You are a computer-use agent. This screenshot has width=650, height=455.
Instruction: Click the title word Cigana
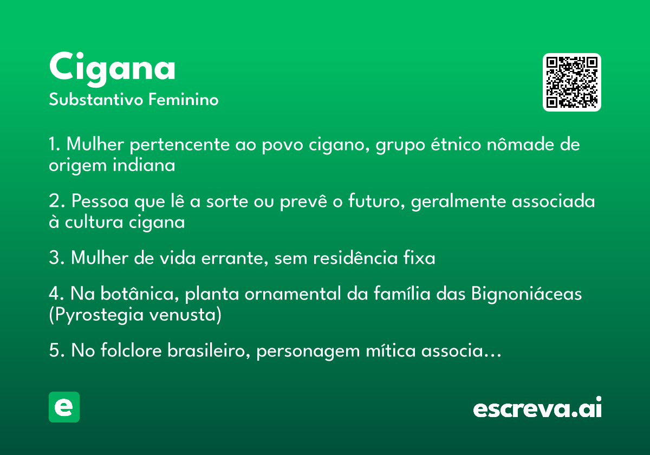(112, 69)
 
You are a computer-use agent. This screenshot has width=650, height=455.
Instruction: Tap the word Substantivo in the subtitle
(96, 99)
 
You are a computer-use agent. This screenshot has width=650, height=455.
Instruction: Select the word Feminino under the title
(184, 99)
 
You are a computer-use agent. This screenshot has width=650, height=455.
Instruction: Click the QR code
(571, 82)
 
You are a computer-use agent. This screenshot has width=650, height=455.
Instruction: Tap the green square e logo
(64, 407)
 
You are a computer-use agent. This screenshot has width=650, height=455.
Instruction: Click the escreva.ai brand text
(537, 407)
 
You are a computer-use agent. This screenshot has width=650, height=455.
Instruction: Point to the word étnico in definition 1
(456, 144)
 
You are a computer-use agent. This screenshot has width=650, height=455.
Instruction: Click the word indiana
(144, 165)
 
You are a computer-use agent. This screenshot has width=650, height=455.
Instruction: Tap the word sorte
(227, 201)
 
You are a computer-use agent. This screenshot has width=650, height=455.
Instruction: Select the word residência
(355, 257)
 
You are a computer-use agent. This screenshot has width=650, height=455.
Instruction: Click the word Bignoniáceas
(526, 294)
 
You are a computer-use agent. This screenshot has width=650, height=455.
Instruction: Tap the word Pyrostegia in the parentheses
(99, 315)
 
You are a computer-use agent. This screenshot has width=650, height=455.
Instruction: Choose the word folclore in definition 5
(131, 350)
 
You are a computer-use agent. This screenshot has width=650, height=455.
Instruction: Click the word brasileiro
(209, 350)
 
